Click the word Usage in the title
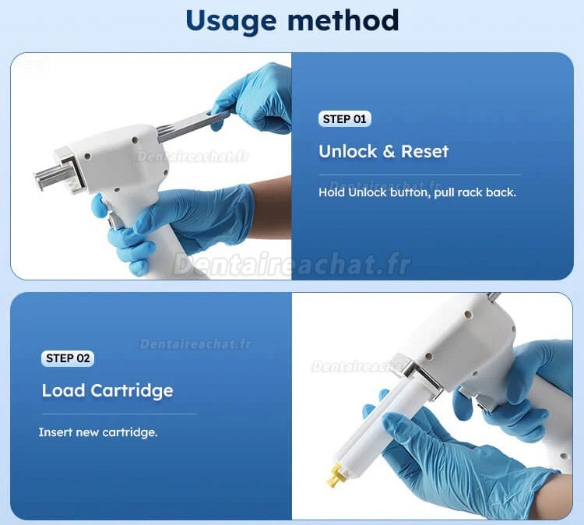point(231,22)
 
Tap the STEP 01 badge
point(344,119)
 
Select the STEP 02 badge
point(68,358)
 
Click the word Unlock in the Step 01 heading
point(348,151)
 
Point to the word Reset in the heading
point(424,151)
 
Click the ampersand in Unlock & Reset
point(389,151)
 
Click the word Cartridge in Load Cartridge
point(132,391)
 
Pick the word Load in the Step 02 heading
point(63,390)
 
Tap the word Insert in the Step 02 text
point(55,432)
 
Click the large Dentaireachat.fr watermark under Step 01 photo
point(292,264)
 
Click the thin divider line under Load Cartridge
point(119,414)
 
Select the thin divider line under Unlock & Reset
point(420,174)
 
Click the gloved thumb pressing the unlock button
point(100,206)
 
